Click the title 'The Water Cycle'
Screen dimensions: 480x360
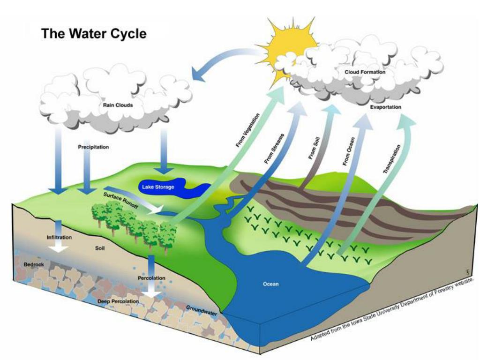click(94, 33)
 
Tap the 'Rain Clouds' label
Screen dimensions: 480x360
click(118, 105)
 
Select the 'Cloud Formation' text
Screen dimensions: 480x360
click(365, 72)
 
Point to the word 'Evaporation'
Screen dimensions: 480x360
click(385, 107)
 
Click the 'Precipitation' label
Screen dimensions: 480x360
click(93, 147)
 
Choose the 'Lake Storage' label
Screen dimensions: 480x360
click(158, 187)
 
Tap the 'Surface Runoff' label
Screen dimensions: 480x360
click(120, 201)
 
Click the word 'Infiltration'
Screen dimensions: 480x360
click(60, 237)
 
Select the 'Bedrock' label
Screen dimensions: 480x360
click(34, 264)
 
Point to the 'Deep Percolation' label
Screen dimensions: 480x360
click(118, 301)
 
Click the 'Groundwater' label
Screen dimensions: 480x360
click(202, 310)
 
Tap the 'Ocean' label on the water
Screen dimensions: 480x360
click(271, 284)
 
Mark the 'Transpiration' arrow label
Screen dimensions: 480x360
click(392, 159)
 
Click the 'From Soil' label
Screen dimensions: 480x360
click(314, 148)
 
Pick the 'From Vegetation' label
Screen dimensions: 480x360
click(247, 130)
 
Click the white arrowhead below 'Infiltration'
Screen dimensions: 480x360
click(60, 247)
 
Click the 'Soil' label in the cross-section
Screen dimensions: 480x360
click(100, 248)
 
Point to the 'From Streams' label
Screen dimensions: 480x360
click(274, 149)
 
